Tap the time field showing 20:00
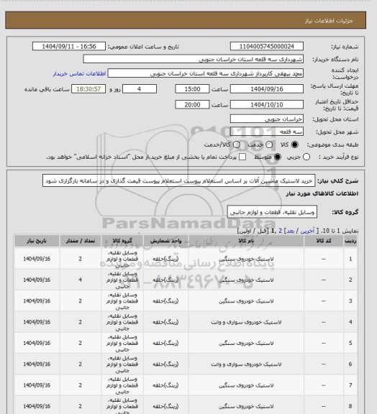(x=192, y=103)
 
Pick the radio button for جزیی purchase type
(x=309, y=157)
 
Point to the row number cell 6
(x=350, y=368)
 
